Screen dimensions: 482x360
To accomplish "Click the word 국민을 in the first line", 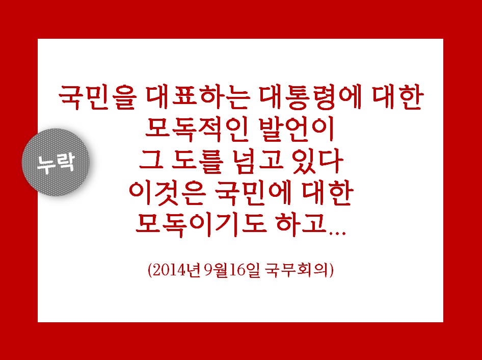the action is point(97,97).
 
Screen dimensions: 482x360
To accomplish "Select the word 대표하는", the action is point(197,97).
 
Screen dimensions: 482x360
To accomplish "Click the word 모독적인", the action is point(197,130).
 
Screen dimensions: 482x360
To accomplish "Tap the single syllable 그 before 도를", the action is point(151,161).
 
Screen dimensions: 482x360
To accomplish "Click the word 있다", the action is point(318,161).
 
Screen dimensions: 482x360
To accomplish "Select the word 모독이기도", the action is point(200,224).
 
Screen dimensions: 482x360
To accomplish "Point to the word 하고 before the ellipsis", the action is point(302,224).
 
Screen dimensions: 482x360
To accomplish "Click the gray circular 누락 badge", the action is point(56,162).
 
